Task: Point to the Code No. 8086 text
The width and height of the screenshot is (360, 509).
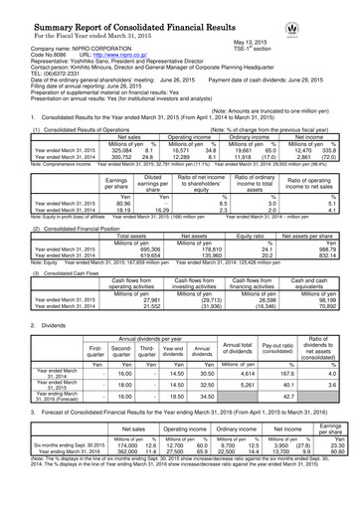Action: point(41,55)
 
